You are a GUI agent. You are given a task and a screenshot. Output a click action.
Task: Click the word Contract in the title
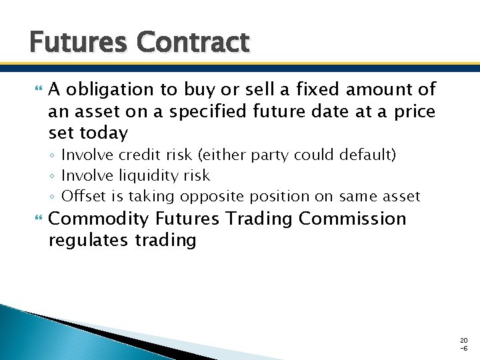pos(193,43)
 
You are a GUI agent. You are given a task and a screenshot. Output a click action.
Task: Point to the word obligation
pos(114,89)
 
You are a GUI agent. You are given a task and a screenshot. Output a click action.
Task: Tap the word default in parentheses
pos(369,155)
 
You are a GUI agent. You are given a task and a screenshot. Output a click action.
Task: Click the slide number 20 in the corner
pos(463,340)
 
